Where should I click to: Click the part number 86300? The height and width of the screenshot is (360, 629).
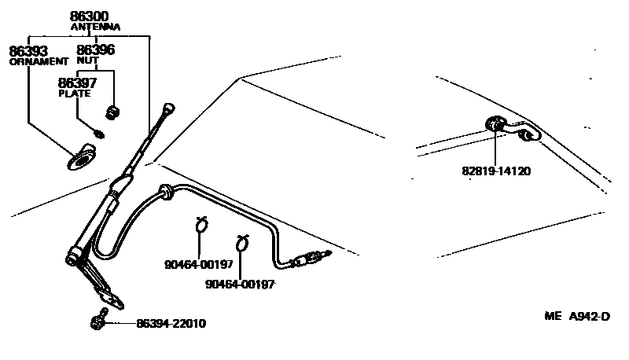(x=89, y=14)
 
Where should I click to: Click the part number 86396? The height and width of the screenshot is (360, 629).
(x=95, y=50)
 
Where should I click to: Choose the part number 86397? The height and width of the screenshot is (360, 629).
(x=79, y=82)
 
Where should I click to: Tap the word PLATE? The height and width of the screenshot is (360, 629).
(x=75, y=93)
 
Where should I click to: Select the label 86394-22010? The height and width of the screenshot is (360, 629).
(x=171, y=323)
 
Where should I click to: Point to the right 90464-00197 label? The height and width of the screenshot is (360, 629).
(x=240, y=285)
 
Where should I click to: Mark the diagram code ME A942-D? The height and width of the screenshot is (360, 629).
(x=577, y=317)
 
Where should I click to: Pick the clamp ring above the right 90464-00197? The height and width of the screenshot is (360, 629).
(x=242, y=242)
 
